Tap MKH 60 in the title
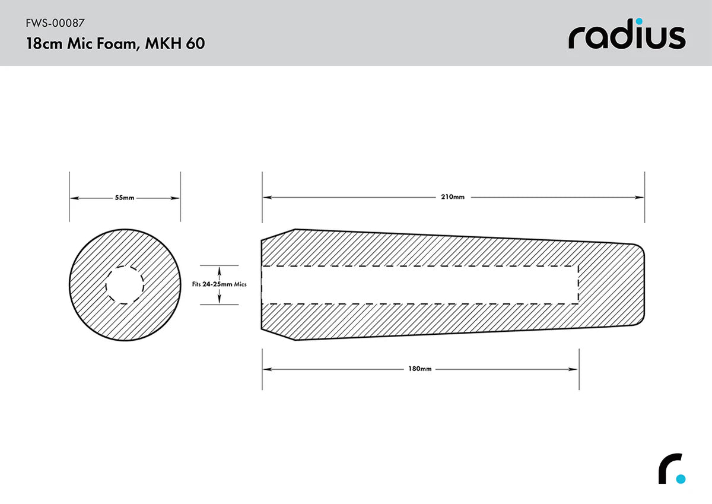176,43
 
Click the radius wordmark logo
627,36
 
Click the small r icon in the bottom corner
671,469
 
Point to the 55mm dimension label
125,198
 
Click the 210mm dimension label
453,197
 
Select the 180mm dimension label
420,369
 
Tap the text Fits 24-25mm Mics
220,284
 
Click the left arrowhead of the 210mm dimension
266,197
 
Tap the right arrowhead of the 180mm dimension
574,369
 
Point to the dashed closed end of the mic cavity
578,285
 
